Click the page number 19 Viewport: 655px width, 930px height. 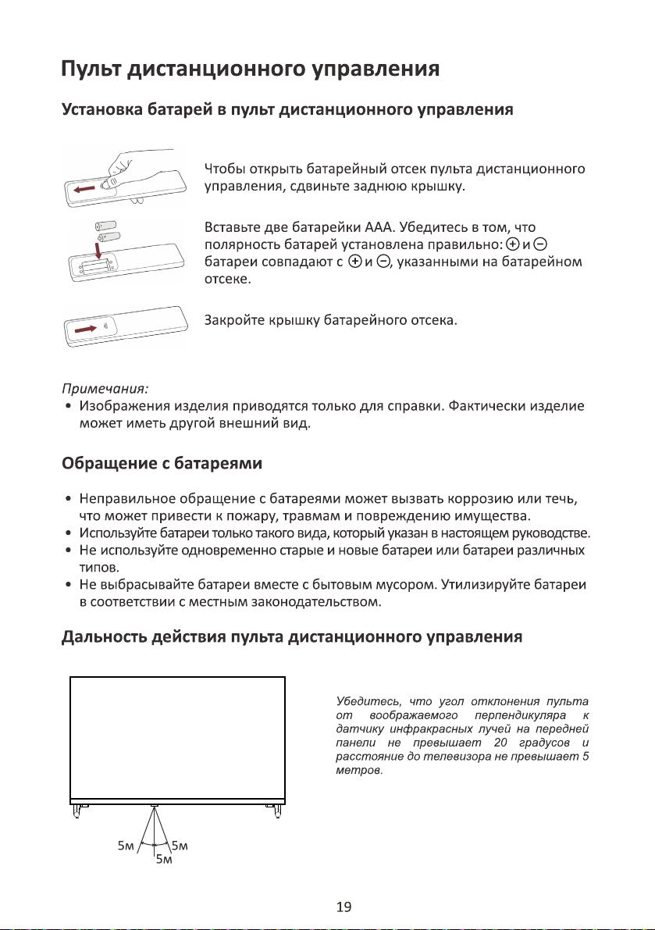pyautogui.click(x=344, y=907)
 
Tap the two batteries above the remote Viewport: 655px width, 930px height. pyautogui.click(x=108, y=230)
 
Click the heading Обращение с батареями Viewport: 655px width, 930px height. pyautogui.click(x=161, y=464)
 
